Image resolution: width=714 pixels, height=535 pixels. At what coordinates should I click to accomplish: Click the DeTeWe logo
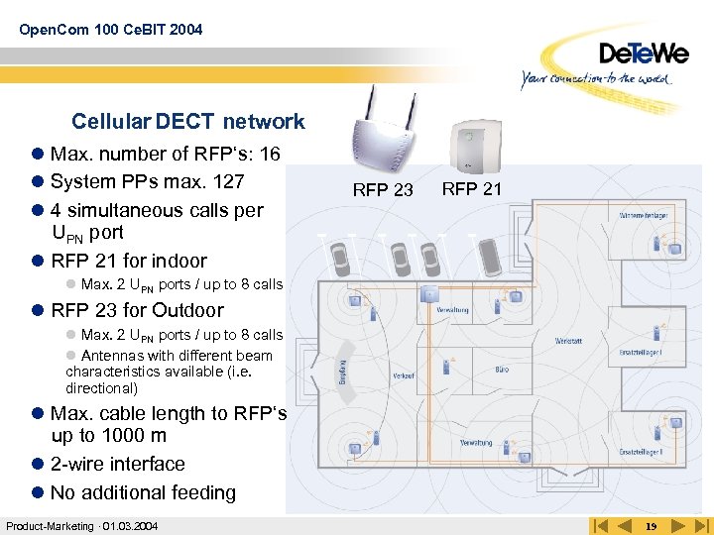click(644, 52)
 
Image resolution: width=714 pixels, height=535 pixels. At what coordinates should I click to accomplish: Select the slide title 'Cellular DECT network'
click(187, 122)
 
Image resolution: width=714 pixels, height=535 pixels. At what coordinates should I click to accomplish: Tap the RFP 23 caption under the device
click(383, 190)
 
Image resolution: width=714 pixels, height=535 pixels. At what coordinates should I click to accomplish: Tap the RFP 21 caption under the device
click(471, 188)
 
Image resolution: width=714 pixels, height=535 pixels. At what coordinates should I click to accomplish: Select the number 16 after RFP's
click(270, 154)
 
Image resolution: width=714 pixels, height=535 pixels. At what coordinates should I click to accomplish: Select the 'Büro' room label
click(503, 370)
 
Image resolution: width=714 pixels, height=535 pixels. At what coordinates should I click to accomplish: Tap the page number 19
click(651, 525)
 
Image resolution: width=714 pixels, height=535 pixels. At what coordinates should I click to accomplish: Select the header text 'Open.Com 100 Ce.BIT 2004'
click(110, 30)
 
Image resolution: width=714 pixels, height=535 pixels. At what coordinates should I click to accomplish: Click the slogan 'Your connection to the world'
click(598, 78)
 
